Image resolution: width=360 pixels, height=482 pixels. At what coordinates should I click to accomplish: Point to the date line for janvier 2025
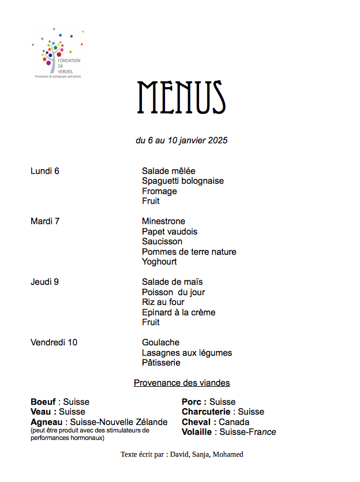tap(181, 140)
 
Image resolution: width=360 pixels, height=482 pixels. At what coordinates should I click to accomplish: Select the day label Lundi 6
tap(45, 171)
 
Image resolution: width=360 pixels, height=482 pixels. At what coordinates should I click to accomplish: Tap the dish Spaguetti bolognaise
tap(183, 181)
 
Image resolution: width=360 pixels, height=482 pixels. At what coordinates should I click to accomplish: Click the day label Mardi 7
tap(45, 221)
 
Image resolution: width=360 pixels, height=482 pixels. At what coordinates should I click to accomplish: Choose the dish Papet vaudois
tap(170, 231)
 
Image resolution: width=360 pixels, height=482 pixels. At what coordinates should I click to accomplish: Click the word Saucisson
tap(162, 241)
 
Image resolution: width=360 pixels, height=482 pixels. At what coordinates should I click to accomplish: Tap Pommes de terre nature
tap(189, 252)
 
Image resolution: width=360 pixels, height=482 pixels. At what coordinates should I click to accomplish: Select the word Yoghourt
tap(159, 261)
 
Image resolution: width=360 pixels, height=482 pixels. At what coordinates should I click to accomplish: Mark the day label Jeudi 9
tap(44, 282)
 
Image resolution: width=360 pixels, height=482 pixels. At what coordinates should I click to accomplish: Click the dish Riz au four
tap(163, 302)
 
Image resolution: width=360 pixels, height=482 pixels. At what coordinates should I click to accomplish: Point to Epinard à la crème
tap(178, 312)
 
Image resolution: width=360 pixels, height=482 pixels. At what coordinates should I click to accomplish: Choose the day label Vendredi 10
tap(54, 342)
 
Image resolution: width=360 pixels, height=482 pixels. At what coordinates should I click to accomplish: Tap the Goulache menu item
tap(160, 342)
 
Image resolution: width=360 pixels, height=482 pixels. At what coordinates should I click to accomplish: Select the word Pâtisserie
tap(161, 363)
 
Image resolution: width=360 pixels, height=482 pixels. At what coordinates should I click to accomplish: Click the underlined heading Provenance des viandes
tap(182, 383)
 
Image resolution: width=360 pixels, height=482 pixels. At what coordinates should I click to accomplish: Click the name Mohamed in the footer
tap(228, 454)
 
